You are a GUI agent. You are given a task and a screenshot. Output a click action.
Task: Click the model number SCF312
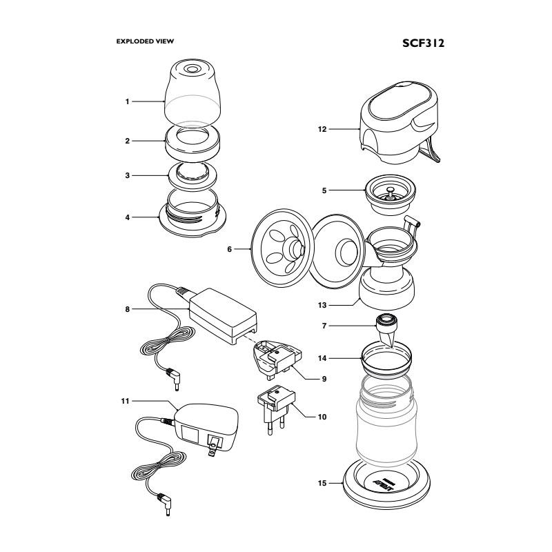423,43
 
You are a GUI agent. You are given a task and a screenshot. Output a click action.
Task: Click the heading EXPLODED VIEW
145,41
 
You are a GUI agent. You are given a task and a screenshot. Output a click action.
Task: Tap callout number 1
128,101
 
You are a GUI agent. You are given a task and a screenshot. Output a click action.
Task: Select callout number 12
322,129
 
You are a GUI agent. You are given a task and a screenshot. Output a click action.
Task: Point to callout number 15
322,484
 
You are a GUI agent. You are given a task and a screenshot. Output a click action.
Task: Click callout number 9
324,379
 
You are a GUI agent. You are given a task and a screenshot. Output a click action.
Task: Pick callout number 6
230,249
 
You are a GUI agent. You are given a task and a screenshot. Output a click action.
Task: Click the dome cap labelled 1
193,92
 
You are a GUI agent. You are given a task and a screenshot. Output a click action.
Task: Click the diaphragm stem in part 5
390,193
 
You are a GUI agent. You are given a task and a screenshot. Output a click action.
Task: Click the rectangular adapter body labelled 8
223,315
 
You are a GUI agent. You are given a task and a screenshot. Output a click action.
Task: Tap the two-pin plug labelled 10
276,409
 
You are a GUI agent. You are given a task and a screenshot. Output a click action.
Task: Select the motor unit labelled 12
400,122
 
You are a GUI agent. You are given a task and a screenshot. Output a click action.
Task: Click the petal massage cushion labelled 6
283,248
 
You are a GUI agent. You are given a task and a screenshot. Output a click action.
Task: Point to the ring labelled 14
386,361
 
